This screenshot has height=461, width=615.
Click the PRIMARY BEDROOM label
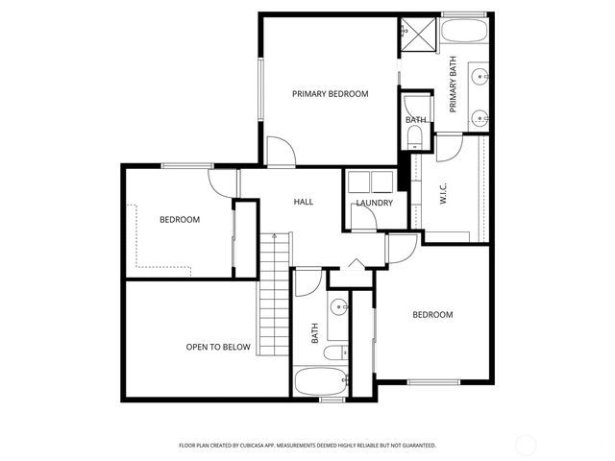click(331, 93)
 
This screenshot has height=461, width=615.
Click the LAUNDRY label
click(373, 203)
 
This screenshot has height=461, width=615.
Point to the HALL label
click(304, 202)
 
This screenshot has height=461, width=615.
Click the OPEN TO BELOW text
click(218, 347)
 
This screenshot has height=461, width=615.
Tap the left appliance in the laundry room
click(358, 182)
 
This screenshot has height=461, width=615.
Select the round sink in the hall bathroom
click(339, 308)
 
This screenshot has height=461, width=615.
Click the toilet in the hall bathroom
click(332, 353)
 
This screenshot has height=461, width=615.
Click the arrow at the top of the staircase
click(274, 235)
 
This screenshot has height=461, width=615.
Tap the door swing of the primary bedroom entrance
click(280, 152)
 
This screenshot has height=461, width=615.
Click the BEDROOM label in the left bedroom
click(179, 220)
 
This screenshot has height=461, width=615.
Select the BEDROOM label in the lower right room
click(432, 315)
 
